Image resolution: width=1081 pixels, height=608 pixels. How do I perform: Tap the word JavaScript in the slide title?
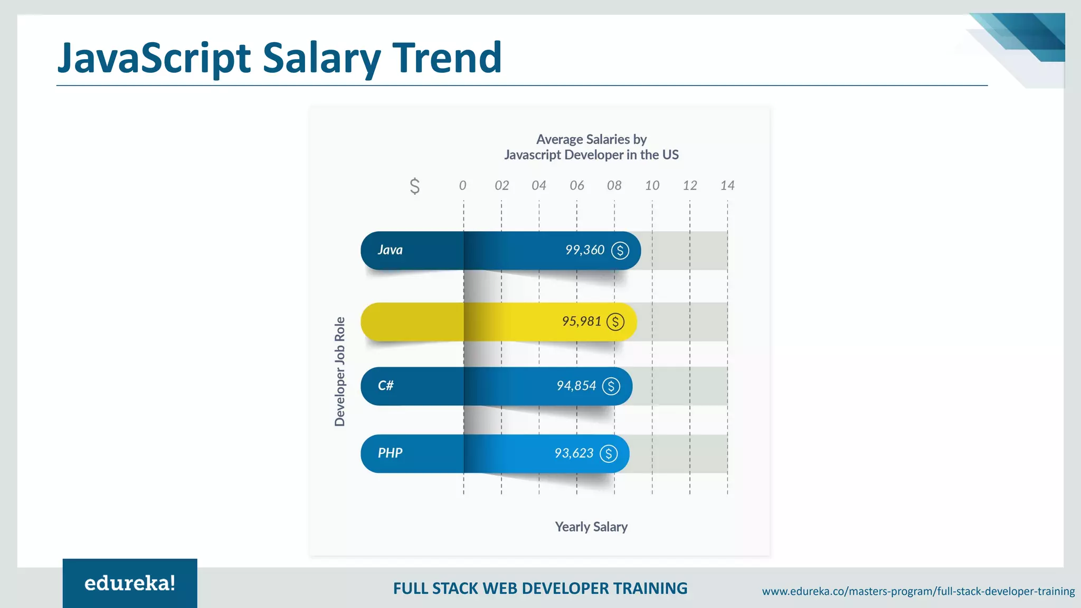pyautogui.click(x=154, y=58)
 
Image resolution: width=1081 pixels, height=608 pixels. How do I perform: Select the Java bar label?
pyautogui.click(x=390, y=250)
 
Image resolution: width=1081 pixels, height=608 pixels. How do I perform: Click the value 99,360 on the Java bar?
pyautogui.click(x=584, y=250)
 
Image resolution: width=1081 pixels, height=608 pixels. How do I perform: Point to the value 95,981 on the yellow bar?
pyautogui.click(x=581, y=321)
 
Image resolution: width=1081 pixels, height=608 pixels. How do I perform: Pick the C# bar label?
pyautogui.click(x=385, y=386)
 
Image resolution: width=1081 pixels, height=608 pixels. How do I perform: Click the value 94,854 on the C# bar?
pyautogui.click(x=576, y=386)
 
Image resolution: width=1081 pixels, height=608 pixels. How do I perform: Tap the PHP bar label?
pyautogui.click(x=390, y=453)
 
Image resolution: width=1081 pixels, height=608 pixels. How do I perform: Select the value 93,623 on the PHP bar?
pyautogui.click(x=574, y=453)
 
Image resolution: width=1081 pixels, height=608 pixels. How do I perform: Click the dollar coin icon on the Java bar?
pyautogui.click(x=620, y=250)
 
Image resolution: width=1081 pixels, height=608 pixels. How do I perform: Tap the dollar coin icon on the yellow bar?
pyautogui.click(x=615, y=321)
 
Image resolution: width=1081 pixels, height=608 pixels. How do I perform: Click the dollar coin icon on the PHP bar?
pyautogui.click(x=609, y=453)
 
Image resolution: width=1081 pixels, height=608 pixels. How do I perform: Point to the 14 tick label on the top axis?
pyautogui.click(x=727, y=185)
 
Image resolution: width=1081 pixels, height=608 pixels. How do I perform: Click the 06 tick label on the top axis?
pyautogui.click(x=576, y=185)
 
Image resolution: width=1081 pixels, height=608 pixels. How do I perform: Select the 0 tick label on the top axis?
pyautogui.click(x=462, y=185)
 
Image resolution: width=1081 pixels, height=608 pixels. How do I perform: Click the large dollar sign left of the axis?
pyautogui.click(x=415, y=186)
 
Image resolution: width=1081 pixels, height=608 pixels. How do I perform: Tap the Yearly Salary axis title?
pyautogui.click(x=591, y=527)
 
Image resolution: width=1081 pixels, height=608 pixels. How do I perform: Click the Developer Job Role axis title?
pyautogui.click(x=340, y=372)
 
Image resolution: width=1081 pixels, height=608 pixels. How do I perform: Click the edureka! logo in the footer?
pyautogui.click(x=130, y=583)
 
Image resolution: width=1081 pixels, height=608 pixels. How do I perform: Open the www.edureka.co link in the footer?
pyautogui.click(x=918, y=591)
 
